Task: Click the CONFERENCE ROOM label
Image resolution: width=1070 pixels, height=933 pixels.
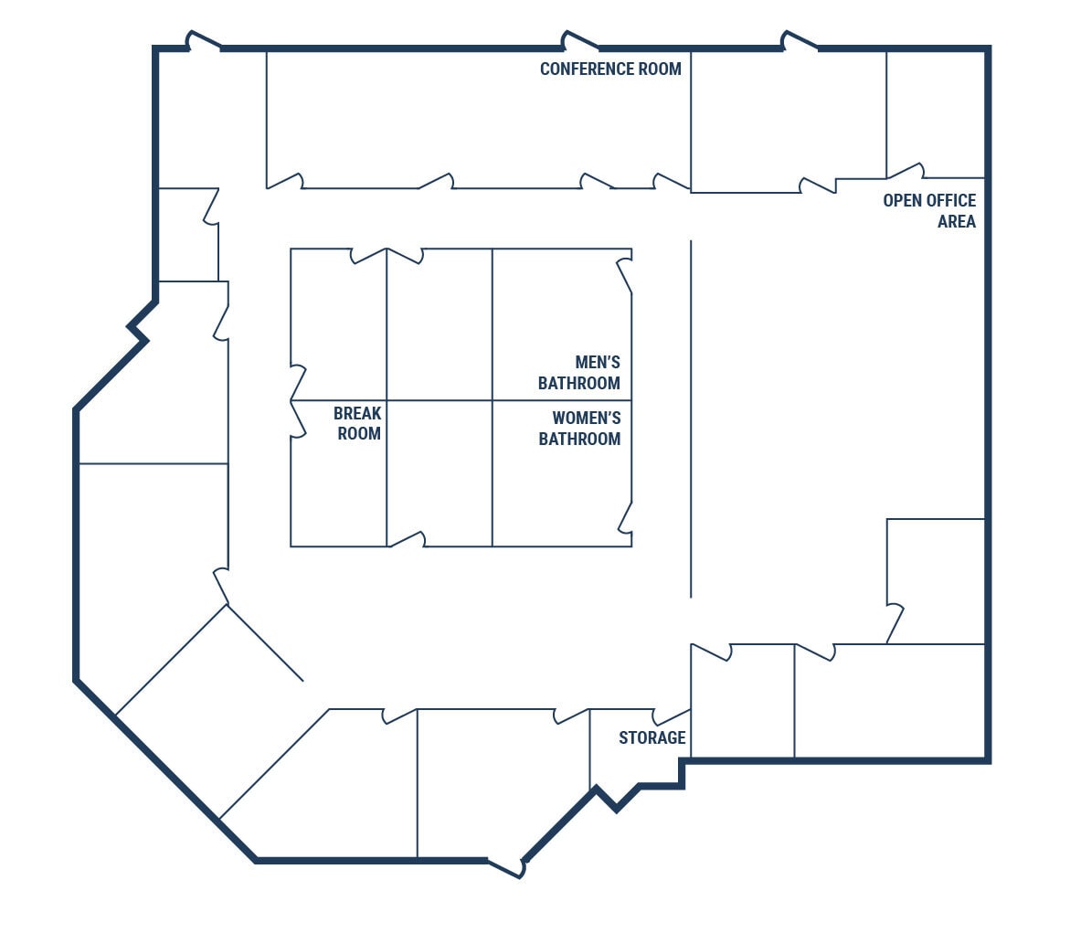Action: click(610, 69)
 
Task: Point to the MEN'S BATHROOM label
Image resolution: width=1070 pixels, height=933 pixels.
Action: click(579, 373)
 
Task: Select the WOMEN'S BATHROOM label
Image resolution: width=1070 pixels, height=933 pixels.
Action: click(579, 429)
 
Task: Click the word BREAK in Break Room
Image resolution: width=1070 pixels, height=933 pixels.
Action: click(357, 414)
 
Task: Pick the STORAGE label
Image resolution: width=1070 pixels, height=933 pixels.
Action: click(652, 737)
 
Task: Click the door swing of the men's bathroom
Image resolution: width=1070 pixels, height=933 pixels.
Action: click(624, 275)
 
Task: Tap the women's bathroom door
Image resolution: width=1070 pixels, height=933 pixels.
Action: click(624, 516)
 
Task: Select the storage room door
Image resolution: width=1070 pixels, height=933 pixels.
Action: click(672, 715)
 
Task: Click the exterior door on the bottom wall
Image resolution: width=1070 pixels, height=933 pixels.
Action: click(505, 867)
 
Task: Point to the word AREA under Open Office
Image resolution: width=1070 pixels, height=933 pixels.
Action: click(956, 221)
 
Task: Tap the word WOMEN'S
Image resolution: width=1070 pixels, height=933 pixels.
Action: click(586, 418)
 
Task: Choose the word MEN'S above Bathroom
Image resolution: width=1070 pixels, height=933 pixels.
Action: click(598, 362)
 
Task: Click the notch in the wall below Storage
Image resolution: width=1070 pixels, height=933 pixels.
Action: click(617, 800)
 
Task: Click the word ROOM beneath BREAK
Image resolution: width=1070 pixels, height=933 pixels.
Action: click(359, 433)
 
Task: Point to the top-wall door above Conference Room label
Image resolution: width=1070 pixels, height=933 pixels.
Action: click(580, 41)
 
